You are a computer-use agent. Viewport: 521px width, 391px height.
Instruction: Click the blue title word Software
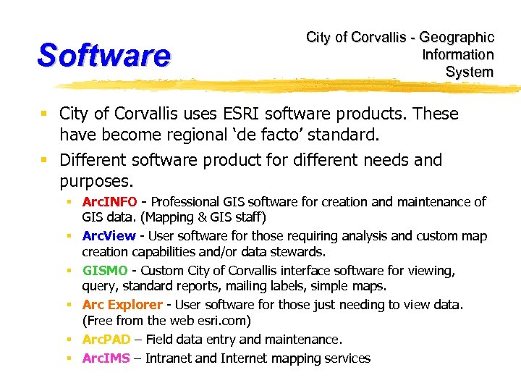[103, 55]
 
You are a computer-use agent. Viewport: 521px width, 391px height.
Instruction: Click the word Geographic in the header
[457, 37]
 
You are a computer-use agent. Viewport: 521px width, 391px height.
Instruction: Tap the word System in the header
[470, 72]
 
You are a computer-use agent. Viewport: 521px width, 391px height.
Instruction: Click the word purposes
[96, 180]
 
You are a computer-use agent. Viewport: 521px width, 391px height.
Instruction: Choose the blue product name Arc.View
[109, 236]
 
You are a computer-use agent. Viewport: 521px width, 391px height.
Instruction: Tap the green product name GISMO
[106, 271]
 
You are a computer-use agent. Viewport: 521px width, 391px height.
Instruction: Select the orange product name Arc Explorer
[122, 305]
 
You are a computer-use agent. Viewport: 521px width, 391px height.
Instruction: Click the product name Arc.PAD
[106, 340]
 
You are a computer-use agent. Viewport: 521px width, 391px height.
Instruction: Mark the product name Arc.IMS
[106, 358]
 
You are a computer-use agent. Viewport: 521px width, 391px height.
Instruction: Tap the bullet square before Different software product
[45, 159]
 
